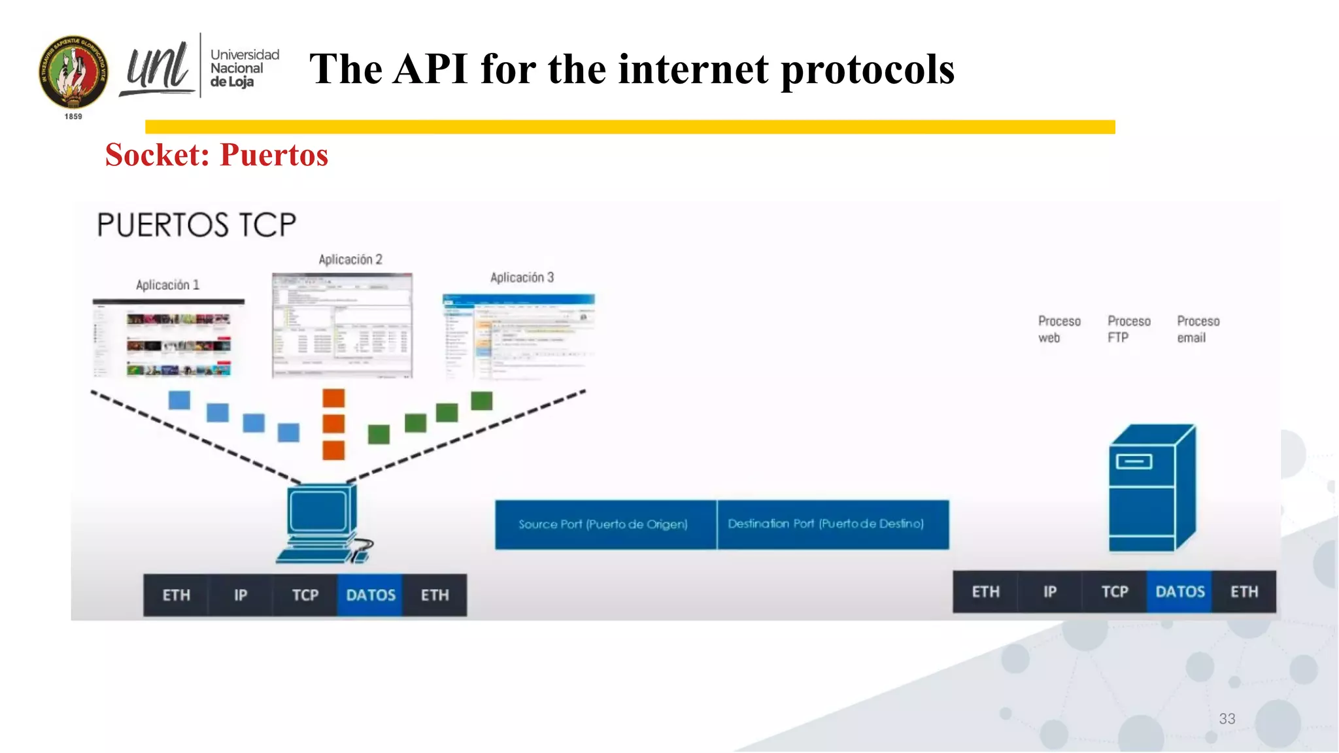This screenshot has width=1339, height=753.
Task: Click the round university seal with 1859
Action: (x=73, y=73)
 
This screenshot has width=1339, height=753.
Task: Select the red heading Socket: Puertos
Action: (x=216, y=155)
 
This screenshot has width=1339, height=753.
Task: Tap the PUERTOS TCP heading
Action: (x=196, y=225)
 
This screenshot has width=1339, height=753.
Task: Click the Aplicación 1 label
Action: (x=167, y=285)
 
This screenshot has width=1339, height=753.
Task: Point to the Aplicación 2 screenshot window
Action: (x=342, y=326)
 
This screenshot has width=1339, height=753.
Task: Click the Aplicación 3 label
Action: (x=522, y=278)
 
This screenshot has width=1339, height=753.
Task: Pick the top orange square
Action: (x=333, y=398)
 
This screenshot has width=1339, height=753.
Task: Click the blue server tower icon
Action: (x=1152, y=488)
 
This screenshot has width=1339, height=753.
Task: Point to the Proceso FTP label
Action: (x=1128, y=329)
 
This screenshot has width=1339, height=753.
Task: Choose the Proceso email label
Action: (x=1198, y=329)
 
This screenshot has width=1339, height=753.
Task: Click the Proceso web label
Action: (x=1059, y=329)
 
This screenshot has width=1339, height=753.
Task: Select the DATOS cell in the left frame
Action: (x=370, y=595)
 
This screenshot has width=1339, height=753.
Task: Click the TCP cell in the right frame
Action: (x=1114, y=592)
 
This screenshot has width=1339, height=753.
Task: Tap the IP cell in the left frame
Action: (x=241, y=595)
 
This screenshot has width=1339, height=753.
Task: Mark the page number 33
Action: (x=1227, y=719)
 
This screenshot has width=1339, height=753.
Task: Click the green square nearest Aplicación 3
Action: (x=481, y=401)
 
